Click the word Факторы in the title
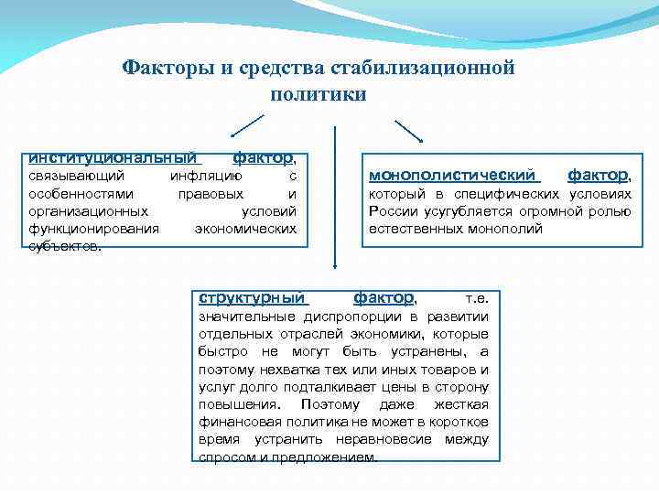coord(162,68)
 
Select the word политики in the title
coord(319,93)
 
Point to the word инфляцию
coord(207,176)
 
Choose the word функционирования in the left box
coord(93,228)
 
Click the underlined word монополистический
coord(453,174)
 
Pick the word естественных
coord(410,228)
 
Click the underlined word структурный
coord(252,297)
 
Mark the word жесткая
coord(462,403)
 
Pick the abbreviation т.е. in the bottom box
coord(478,298)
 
